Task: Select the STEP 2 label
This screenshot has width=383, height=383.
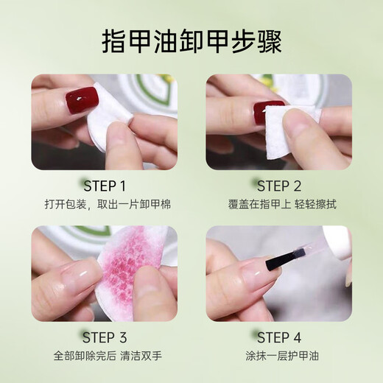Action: (x=279, y=186)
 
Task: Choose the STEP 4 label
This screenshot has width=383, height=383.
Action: (x=279, y=338)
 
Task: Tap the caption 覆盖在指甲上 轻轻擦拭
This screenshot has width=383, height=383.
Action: (x=279, y=204)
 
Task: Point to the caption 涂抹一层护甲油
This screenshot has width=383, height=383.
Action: (x=279, y=356)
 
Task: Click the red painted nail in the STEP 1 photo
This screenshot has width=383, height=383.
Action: (x=82, y=98)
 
